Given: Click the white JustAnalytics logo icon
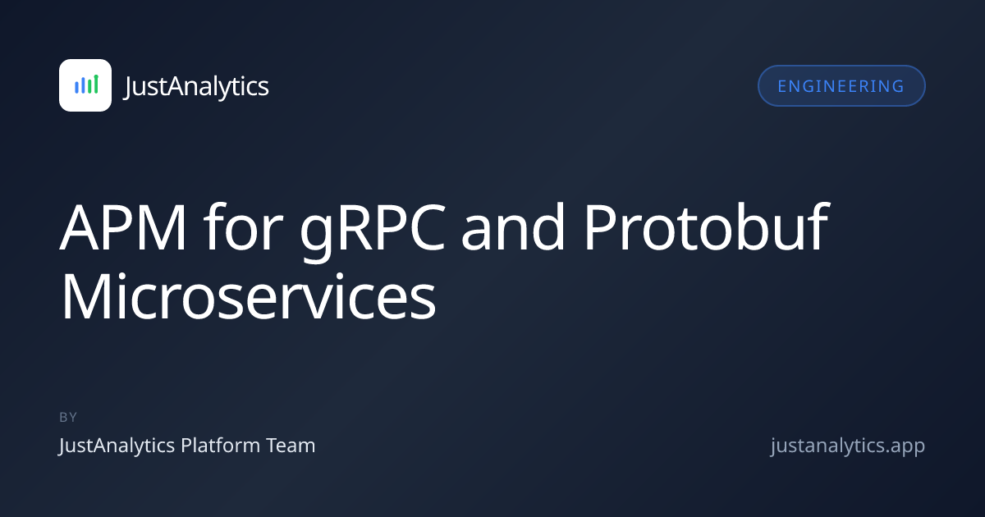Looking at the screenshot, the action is [x=85, y=85].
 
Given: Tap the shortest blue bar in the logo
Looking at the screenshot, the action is [x=76, y=87].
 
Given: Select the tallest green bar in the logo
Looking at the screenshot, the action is [x=96, y=84].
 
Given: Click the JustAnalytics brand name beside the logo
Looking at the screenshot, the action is [x=196, y=86].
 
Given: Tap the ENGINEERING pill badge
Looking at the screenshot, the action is [x=841, y=85].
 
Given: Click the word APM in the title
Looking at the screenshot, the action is [x=123, y=227].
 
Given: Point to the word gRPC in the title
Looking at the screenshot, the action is [x=373, y=231].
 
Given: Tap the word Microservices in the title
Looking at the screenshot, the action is [x=249, y=297].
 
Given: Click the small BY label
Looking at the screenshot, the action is [x=68, y=417].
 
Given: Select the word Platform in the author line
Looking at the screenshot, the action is [x=220, y=446].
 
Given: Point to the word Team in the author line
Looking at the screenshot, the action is [x=291, y=446].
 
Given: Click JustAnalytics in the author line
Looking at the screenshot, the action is [x=117, y=446].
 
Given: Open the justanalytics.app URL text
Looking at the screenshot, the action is [x=847, y=446].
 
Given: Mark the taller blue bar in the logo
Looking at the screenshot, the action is [x=83, y=85].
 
